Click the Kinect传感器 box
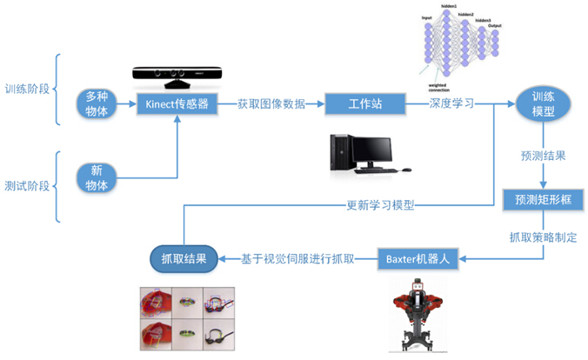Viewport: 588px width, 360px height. coord(178,104)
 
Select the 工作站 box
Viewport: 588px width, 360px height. coord(366,104)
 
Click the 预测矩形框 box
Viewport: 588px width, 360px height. coord(543,199)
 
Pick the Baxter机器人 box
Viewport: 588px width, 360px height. coord(418,257)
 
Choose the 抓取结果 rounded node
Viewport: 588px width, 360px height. coord(184,257)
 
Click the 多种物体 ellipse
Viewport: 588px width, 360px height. coord(97,103)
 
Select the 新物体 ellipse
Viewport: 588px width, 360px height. coord(97,177)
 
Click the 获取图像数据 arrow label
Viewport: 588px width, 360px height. coord(271,103)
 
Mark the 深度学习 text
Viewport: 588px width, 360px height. coord(451,103)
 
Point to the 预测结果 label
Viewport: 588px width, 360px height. coord(544,157)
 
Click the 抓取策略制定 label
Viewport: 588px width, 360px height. coord(544,235)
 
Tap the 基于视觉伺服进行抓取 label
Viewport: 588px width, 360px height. coord(297,257)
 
